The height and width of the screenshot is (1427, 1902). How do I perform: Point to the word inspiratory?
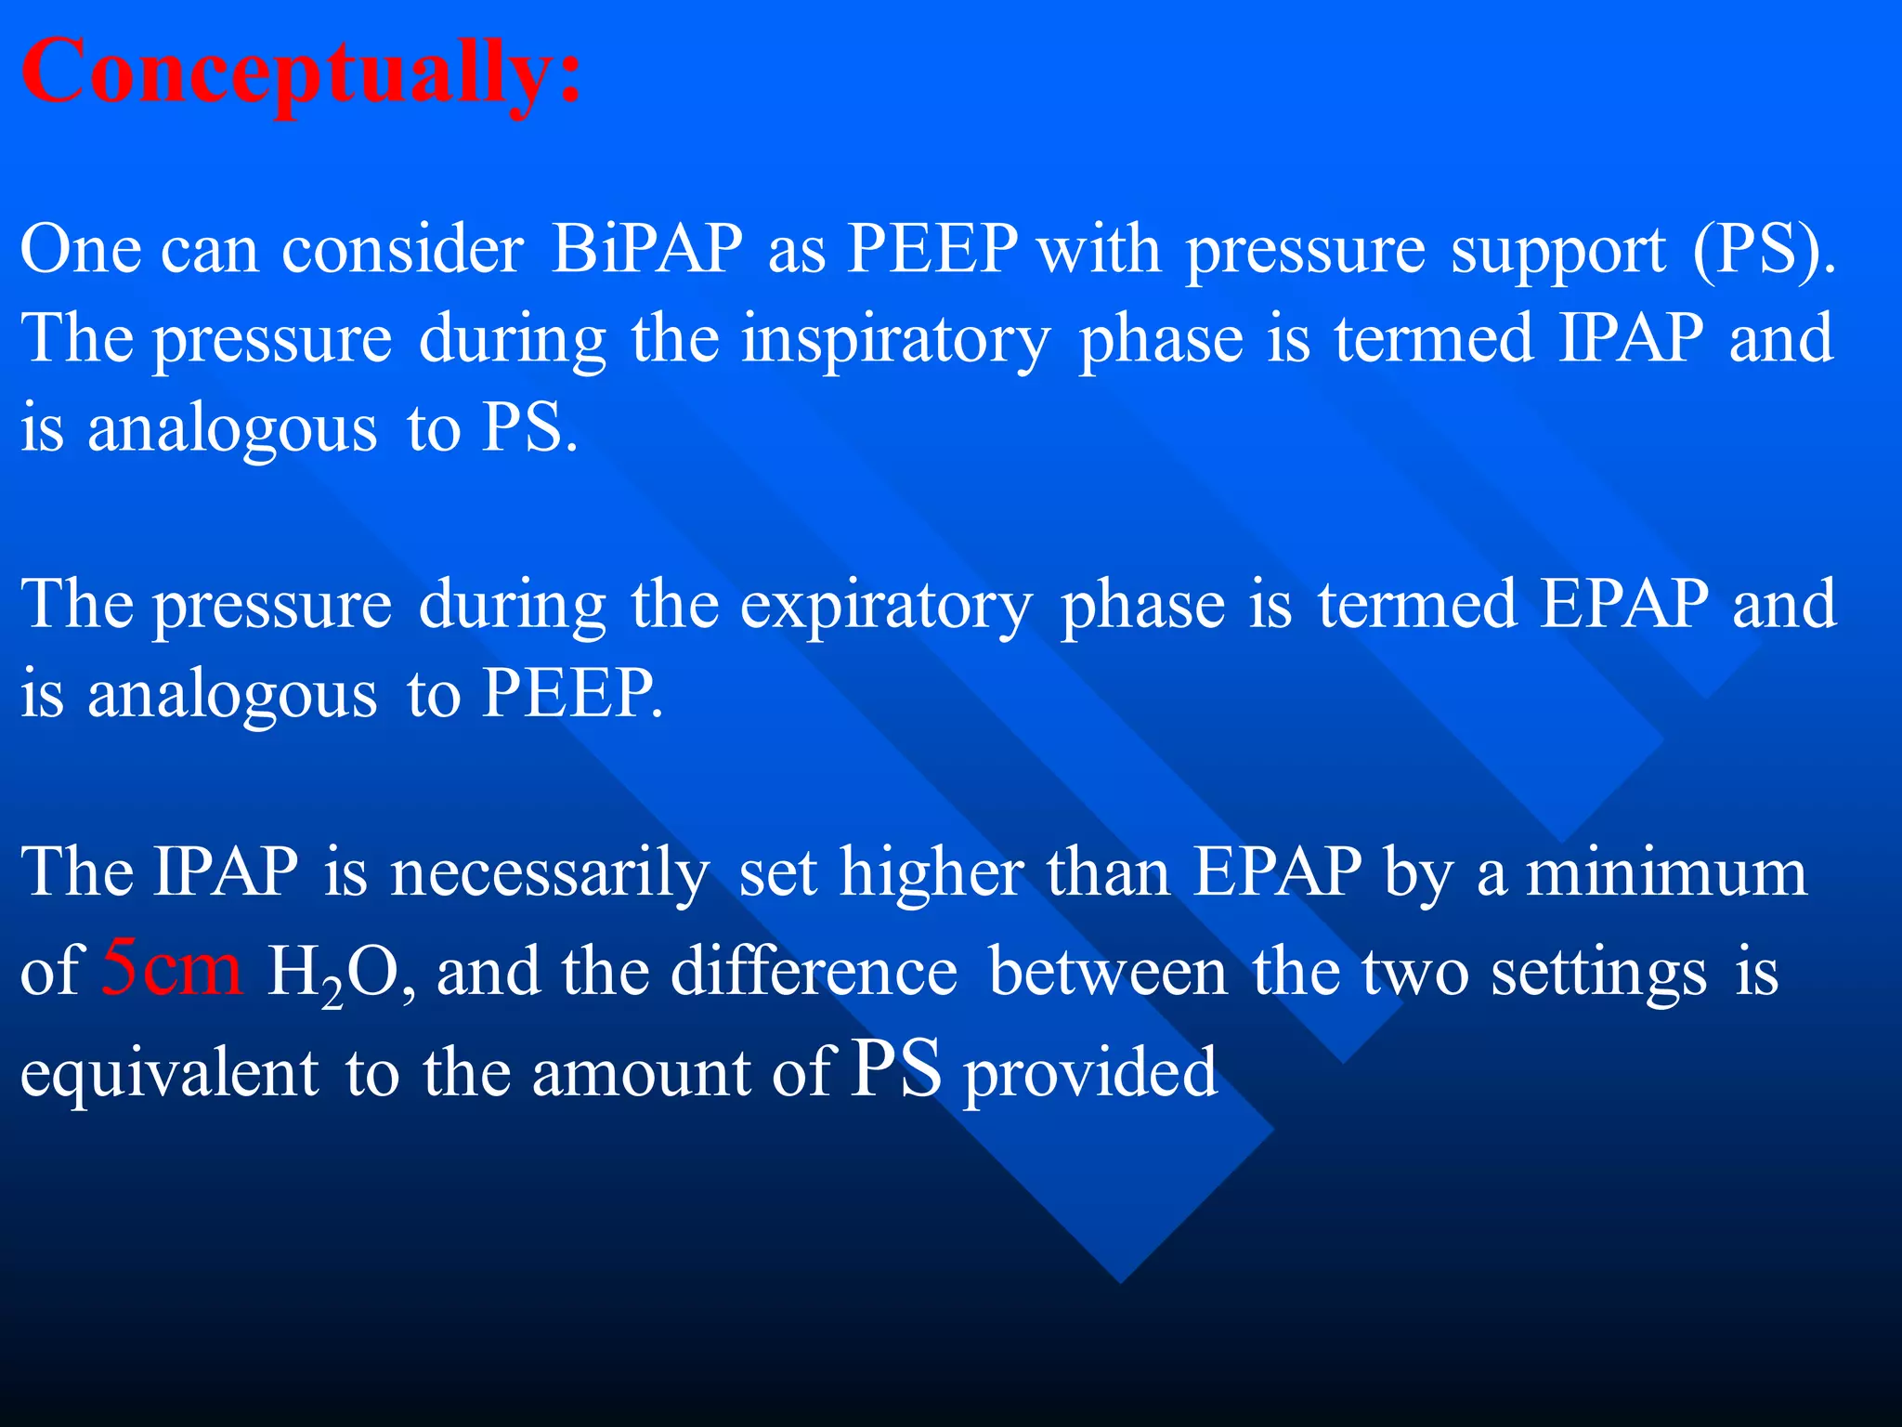tap(896, 340)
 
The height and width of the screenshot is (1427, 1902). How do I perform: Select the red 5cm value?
tap(172, 967)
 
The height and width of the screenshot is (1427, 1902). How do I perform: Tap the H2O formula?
tap(334, 974)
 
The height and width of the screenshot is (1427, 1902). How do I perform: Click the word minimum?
tap(1667, 873)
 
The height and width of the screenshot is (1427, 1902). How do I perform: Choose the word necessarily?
tap(550, 875)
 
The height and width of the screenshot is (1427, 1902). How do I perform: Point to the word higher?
tap(931, 873)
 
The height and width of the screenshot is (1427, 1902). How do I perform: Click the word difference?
tap(814, 972)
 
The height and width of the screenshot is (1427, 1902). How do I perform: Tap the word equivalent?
tap(170, 1072)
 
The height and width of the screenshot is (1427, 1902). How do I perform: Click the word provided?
tap(1090, 1074)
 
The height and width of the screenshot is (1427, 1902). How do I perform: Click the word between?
tap(1108, 972)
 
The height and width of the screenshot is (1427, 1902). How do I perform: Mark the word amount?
tap(641, 1074)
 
